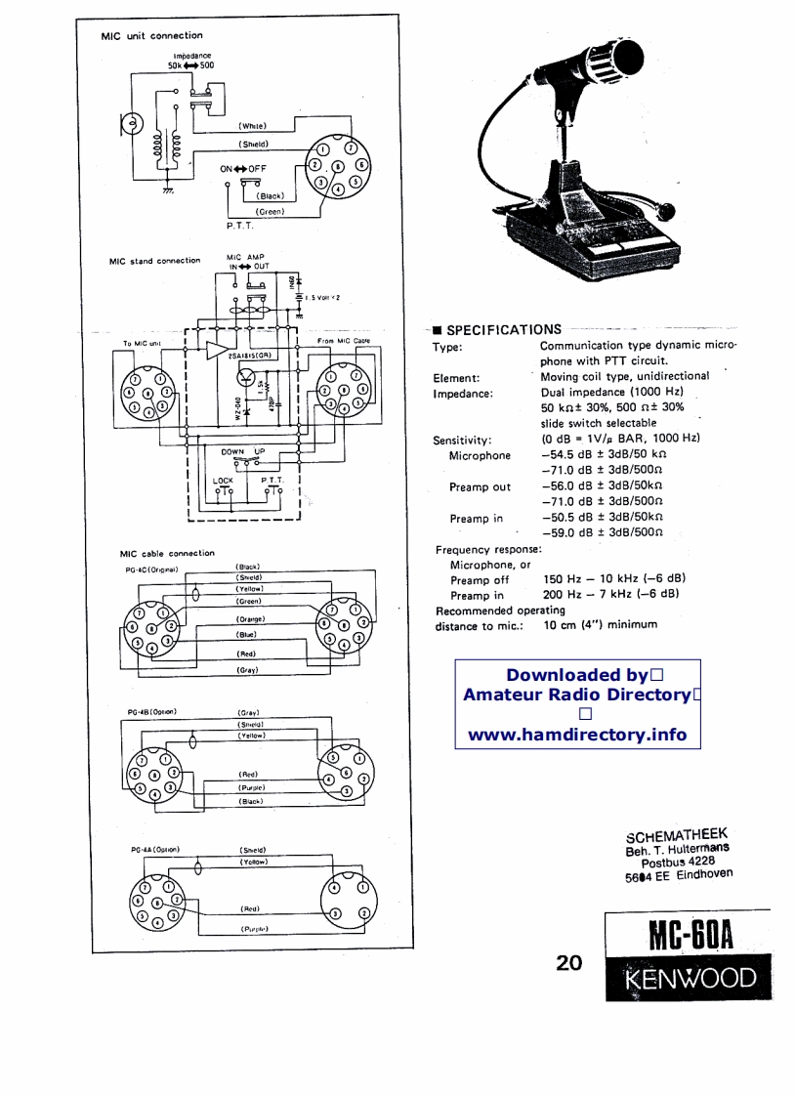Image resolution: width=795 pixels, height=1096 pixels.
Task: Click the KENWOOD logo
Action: [x=690, y=979]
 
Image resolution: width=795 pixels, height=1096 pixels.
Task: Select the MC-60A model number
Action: [x=690, y=937]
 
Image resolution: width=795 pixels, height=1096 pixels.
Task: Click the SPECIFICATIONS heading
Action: [x=503, y=329]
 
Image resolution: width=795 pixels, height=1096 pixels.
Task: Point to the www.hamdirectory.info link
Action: [x=577, y=735]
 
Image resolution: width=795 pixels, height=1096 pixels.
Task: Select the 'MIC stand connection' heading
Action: [x=154, y=262]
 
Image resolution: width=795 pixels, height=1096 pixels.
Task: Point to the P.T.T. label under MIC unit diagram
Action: [x=239, y=226]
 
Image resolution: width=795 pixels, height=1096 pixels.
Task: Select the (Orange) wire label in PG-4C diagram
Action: [x=251, y=619]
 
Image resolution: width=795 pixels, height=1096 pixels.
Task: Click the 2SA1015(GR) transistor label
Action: [x=248, y=356]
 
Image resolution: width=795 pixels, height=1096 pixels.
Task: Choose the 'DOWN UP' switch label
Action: [x=242, y=452]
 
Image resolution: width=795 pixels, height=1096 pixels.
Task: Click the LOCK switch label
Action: [x=223, y=480]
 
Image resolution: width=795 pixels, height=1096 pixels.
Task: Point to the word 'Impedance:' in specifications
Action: [x=463, y=394]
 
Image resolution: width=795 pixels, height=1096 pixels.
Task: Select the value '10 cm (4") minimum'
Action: [x=600, y=624]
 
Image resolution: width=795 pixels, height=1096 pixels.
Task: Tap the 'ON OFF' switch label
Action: [x=242, y=168]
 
